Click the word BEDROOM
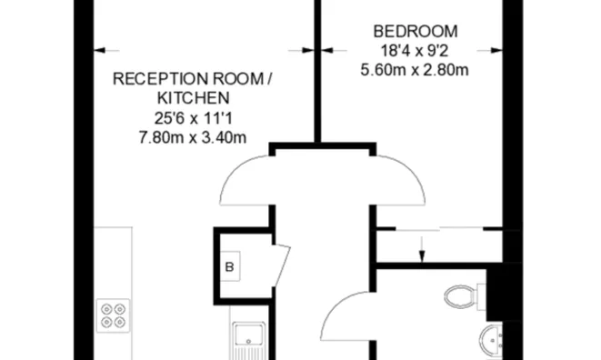click(416, 32)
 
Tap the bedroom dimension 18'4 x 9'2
click(415, 51)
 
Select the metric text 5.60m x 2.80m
click(415, 70)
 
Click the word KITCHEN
click(194, 98)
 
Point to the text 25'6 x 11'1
click(193, 118)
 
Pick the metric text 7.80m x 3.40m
click(193, 137)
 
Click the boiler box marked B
click(230, 266)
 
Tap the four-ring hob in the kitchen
click(113, 315)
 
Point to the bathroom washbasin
click(491, 340)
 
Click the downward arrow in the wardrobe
click(422, 249)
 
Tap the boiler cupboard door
click(282, 265)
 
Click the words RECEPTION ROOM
click(188, 79)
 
